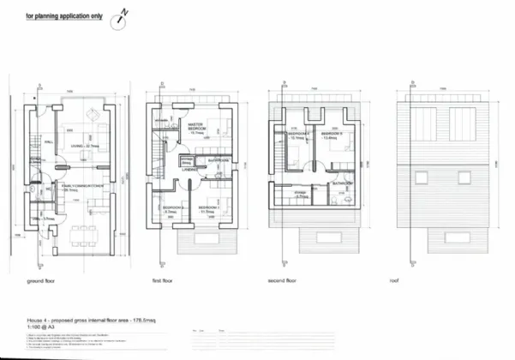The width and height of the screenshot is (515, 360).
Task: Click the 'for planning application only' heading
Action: [x=63, y=16]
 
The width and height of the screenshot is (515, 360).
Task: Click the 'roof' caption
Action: [x=394, y=279]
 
